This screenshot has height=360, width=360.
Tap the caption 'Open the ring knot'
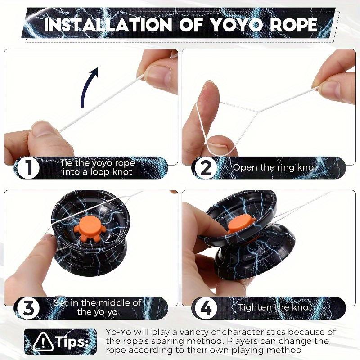tap(274, 167)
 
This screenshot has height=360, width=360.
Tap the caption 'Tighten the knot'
tap(275, 308)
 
